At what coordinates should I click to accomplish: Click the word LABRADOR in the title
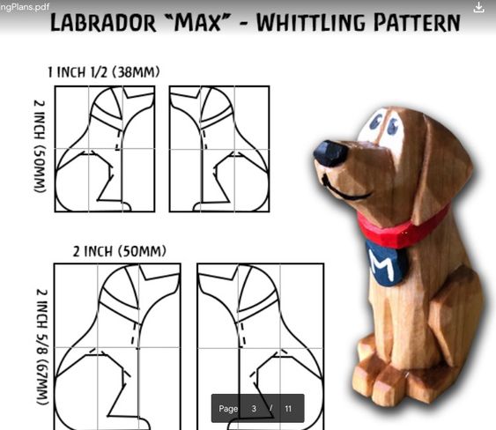pyautogui.click(x=103, y=23)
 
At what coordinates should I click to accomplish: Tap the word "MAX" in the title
pyautogui.click(x=197, y=23)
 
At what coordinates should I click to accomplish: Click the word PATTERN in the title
pyautogui.click(x=417, y=23)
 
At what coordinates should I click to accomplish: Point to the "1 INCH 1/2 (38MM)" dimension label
pyautogui.click(x=104, y=72)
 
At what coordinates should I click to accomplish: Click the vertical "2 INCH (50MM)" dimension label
pyautogui.click(x=40, y=146)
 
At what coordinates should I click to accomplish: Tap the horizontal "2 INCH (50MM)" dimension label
pyautogui.click(x=120, y=251)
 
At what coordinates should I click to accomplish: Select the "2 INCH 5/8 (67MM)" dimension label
pyautogui.click(x=42, y=347)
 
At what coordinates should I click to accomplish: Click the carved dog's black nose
pyautogui.click(x=330, y=153)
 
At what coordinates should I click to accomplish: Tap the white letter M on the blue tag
pyautogui.click(x=383, y=265)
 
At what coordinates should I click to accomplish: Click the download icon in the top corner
pyautogui.click(x=478, y=7)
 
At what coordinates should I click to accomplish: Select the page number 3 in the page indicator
pyautogui.click(x=254, y=409)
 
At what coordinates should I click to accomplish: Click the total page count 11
pyautogui.click(x=288, y=409)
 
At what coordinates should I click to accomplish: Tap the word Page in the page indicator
pyautogui.click(x=228, y=409)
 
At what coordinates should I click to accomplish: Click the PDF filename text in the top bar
pyautogui.click(x=25, y=7)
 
